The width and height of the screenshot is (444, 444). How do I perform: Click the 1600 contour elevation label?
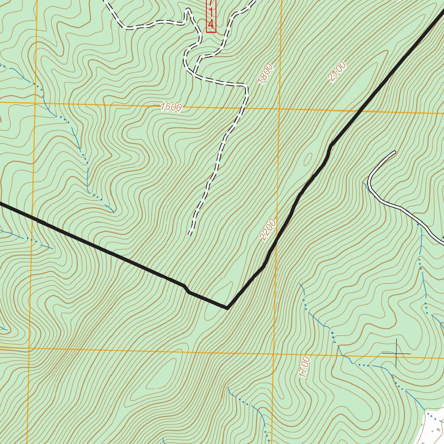[x=171, y=107]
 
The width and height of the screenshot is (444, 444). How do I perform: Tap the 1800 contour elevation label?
[x=265, y=74]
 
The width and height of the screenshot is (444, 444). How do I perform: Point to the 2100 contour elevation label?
[x=337, y=72]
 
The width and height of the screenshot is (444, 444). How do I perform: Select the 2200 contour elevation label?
[x=268, y=230]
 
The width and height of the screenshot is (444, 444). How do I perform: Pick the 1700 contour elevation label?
[x=305, y=367]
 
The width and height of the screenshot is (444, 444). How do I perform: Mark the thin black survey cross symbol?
[x=396, y=353]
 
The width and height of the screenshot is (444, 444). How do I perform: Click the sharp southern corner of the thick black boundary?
[x=227, y=308]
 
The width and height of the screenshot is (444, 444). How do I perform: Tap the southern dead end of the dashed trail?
[x=190, y=235]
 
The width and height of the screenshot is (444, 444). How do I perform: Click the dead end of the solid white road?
[x=395, y=152]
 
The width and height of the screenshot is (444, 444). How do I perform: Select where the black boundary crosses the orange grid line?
[x=360, y=111]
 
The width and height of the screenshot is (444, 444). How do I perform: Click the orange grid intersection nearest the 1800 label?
[x=279, y=108]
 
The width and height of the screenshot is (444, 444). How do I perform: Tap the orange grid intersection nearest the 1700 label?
[x=274, y=353]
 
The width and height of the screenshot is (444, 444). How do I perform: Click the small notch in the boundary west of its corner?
[x=186, y=289]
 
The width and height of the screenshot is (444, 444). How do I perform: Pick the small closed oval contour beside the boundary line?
[x=309, y=159]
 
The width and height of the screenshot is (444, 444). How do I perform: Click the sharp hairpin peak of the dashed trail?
[x=188, y=10]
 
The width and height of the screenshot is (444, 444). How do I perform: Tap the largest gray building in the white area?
[x=438, y=429]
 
